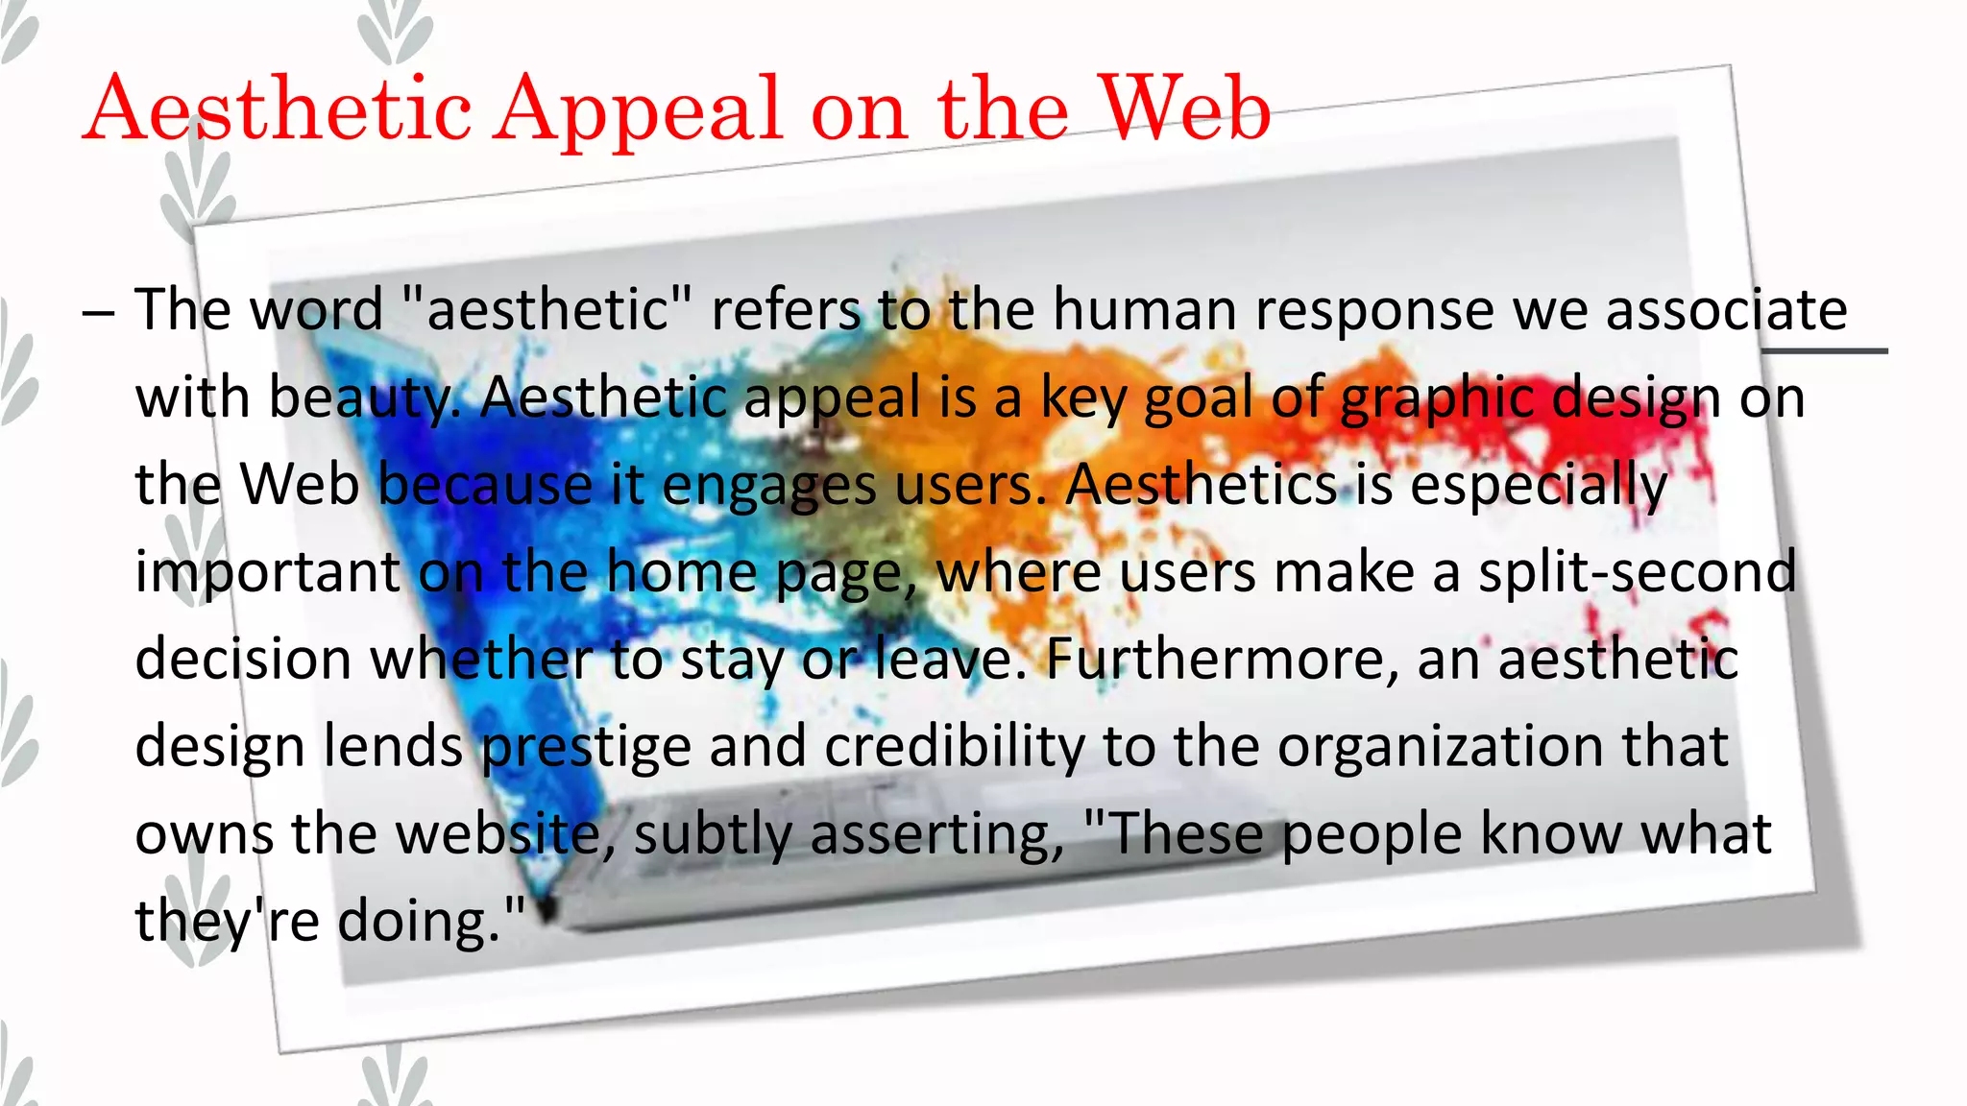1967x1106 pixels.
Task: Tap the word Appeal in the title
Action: click(x=640, y=110)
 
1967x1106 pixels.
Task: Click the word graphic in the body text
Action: click(x=1435, y=398)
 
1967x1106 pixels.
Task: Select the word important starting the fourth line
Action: click(x=267, y=573)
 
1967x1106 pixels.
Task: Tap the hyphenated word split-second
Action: click(x=1637, y=571)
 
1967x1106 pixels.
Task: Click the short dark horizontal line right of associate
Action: click(x=1824, y=351)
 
